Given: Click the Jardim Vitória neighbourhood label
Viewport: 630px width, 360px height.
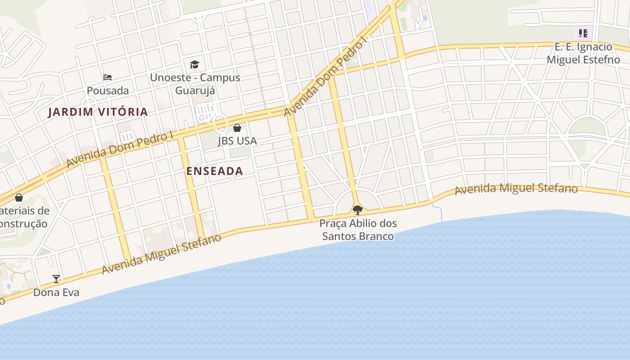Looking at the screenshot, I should (98, 112).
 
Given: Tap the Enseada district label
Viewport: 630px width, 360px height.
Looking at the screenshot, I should (215, 171).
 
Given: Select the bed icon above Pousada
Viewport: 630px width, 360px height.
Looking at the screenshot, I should (107, 77).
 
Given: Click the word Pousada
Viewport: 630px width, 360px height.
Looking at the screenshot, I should (108, 90).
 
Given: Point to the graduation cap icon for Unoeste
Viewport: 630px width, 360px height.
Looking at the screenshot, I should (194, 64).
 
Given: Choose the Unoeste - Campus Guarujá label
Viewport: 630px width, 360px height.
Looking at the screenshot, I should (195, 84).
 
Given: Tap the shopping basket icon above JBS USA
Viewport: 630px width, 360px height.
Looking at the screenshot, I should (237, 128).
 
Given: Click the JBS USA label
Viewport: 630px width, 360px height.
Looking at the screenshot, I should (237, 141).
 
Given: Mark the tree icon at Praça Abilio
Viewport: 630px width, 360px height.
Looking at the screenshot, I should (358, 210).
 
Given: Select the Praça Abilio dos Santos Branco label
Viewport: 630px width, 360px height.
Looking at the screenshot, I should (358, 229).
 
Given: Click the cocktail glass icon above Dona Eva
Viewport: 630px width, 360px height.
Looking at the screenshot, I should (56, 279).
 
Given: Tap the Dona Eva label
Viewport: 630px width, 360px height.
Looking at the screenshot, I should (56, 292).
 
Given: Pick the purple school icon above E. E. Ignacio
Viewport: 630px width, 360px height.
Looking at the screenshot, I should (583, 33).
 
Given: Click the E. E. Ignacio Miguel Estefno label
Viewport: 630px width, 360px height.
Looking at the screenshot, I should (583, 53).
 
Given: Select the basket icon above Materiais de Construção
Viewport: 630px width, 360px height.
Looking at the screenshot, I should (19, 198).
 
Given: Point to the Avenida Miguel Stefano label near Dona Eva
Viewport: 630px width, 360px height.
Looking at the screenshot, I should (162, 253).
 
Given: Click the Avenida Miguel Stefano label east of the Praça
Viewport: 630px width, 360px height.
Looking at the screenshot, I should (516, 189).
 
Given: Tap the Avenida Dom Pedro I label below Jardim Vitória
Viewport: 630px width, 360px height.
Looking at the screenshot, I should (120, 149).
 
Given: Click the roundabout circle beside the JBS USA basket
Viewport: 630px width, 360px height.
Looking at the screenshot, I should (220, 122).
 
